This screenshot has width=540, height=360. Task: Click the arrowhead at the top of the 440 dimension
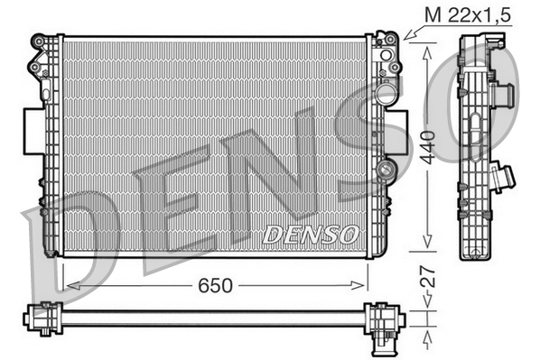click(x=425, y=51)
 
